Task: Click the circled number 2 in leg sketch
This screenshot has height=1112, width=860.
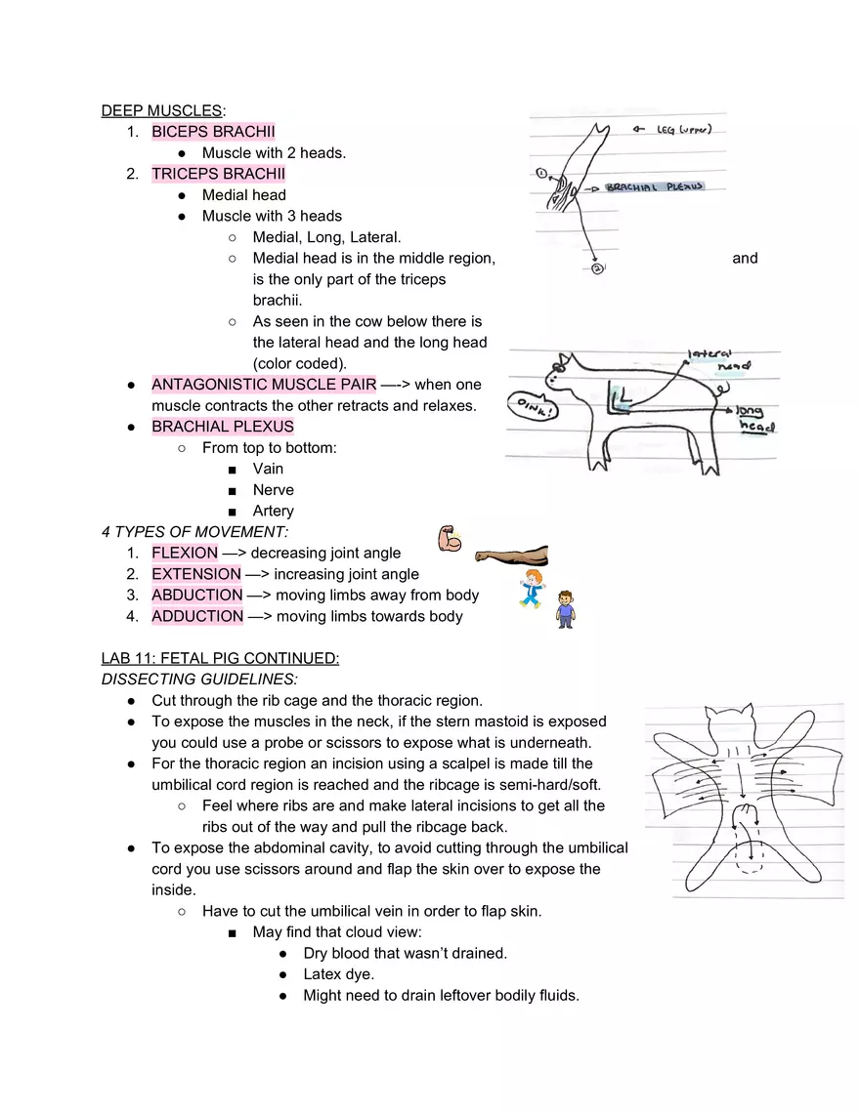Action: point(596,268)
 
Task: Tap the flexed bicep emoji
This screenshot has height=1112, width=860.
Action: point(451,538)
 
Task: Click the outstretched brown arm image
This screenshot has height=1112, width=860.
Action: point(511,556)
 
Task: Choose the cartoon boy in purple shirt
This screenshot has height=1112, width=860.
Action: point(564,609)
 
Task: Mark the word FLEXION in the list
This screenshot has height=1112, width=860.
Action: point(185,553)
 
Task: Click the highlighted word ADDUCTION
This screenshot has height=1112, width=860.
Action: point(196,616)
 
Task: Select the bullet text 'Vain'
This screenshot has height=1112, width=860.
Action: point(268,469)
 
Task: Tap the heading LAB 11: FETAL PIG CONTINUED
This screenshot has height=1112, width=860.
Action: point(220,658)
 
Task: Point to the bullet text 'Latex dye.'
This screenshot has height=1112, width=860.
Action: point(338,974)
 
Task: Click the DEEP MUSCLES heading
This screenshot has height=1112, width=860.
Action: point(161,110)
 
